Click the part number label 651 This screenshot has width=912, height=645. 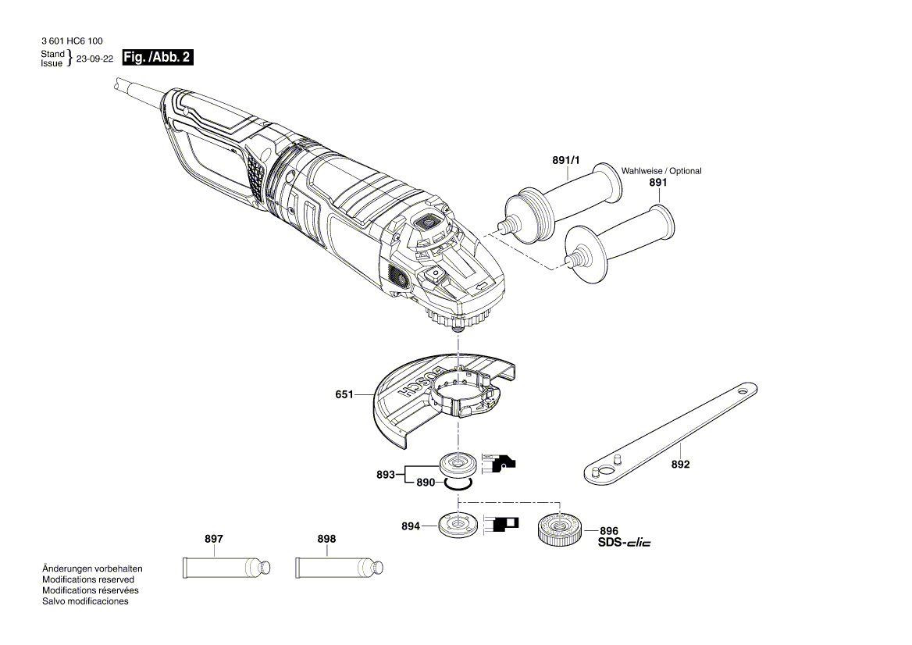344,395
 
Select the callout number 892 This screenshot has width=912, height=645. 680,465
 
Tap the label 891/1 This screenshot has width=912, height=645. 566,160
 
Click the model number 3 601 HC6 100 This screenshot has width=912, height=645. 72,41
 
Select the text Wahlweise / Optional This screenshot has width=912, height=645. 661,171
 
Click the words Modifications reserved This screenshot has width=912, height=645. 87,579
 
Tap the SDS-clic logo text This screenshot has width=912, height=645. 624,543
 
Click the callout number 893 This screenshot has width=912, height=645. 384,473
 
